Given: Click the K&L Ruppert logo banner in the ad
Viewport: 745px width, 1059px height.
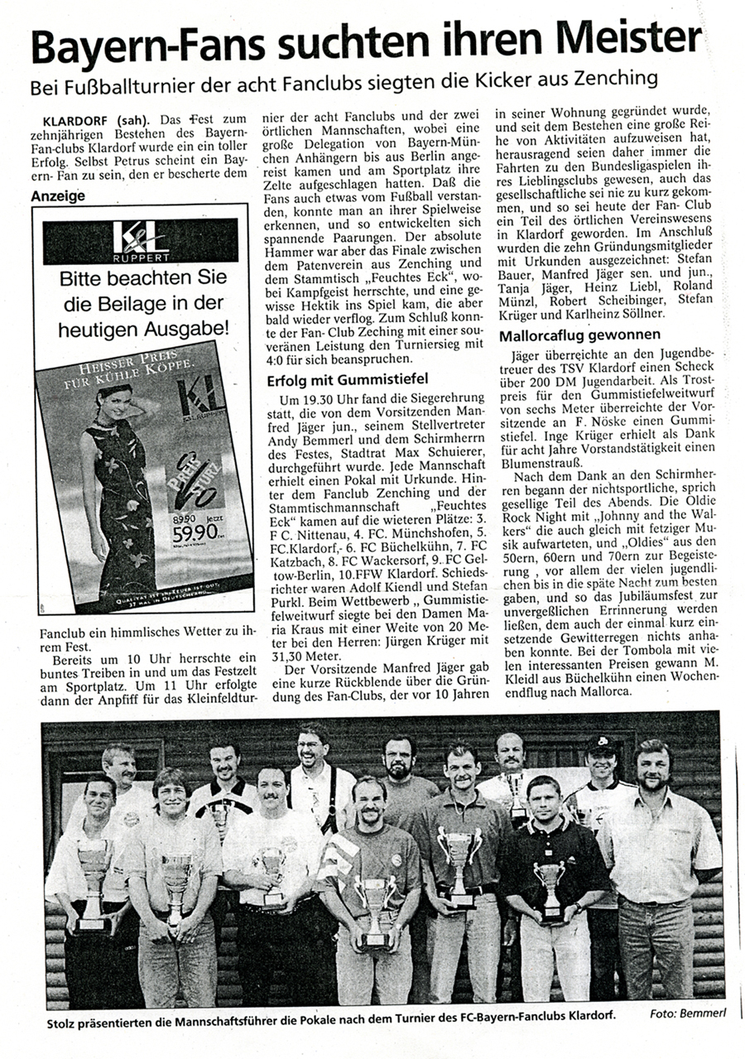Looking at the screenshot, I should (x=140, y=241).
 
